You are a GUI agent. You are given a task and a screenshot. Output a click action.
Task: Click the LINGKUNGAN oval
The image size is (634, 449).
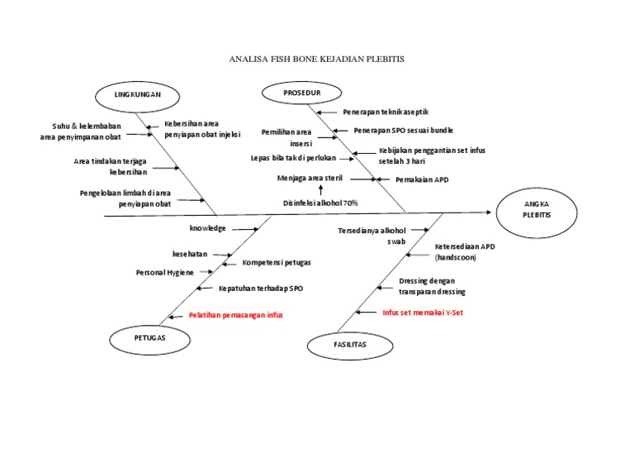pos(137,95)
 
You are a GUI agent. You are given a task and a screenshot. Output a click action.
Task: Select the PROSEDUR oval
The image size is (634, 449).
pos(302,93)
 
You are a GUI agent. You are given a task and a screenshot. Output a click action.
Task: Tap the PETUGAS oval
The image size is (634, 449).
pos(149,338)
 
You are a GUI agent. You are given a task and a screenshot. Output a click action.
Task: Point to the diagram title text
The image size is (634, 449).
pos(316,60)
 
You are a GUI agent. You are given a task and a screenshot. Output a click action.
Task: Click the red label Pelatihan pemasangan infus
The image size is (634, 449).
pos(235,315)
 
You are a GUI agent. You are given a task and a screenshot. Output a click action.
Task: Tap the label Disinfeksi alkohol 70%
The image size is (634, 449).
pos(320,203)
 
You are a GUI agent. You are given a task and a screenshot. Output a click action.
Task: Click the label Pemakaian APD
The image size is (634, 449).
pos(422,179)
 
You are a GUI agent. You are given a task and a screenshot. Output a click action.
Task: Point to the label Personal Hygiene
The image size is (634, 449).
pos(165,271)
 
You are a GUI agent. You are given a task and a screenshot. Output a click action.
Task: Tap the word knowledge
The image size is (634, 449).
pos(207,227)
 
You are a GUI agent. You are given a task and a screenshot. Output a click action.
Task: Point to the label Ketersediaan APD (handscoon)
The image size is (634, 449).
pos(465,251)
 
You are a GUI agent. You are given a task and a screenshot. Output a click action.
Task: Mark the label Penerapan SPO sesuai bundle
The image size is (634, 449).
pos(403,130)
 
